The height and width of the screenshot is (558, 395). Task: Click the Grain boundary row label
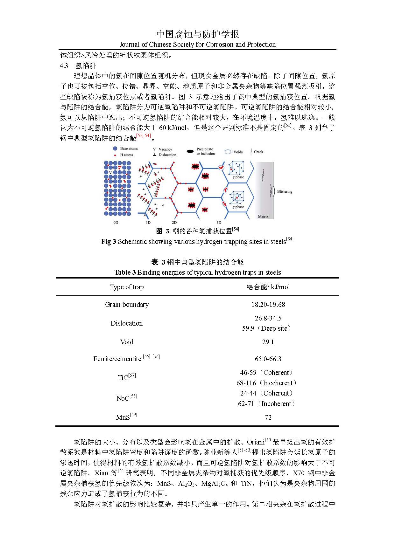127,305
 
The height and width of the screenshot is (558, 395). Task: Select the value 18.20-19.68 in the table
268,305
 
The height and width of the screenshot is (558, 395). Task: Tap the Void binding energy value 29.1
268,342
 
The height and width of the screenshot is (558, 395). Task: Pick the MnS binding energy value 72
268,417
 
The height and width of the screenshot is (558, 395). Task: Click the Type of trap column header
127,287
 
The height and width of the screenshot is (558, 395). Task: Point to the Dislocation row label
127,323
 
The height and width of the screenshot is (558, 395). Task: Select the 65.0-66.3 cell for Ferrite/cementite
268,359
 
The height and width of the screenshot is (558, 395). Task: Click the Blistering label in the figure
285,192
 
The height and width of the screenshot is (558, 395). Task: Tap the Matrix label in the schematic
263,217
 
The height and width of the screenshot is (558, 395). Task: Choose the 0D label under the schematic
116,223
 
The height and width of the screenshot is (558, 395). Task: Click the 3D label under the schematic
219,223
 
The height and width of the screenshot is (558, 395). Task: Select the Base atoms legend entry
129,148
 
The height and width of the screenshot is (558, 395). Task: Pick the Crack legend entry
258,152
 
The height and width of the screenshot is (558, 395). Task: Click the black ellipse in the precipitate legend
190,152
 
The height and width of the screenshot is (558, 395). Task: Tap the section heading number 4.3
64,66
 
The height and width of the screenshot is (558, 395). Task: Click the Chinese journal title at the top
198,34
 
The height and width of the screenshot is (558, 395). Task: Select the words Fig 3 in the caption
109,242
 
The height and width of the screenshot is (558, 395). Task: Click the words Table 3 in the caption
125,272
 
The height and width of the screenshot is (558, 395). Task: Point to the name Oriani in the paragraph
256,442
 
